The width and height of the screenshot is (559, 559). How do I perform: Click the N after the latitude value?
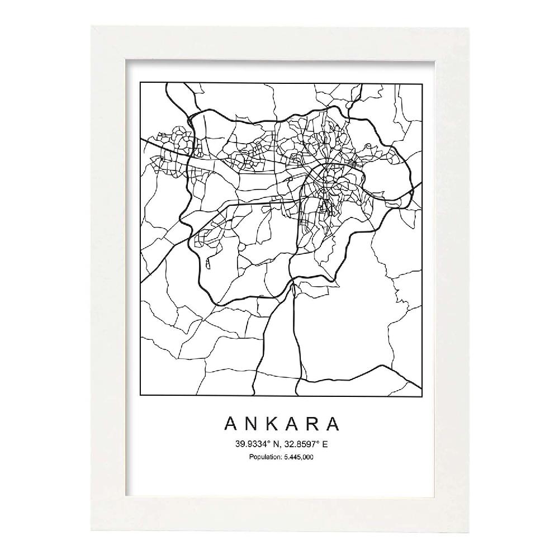coord(276,445)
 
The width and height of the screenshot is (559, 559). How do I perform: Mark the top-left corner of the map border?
coord(140,83)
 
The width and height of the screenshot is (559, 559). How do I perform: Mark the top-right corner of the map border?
coord(421,83)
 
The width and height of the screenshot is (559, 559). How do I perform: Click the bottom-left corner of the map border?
coord(140,395)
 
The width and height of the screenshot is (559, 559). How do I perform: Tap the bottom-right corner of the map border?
coord(421,395)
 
